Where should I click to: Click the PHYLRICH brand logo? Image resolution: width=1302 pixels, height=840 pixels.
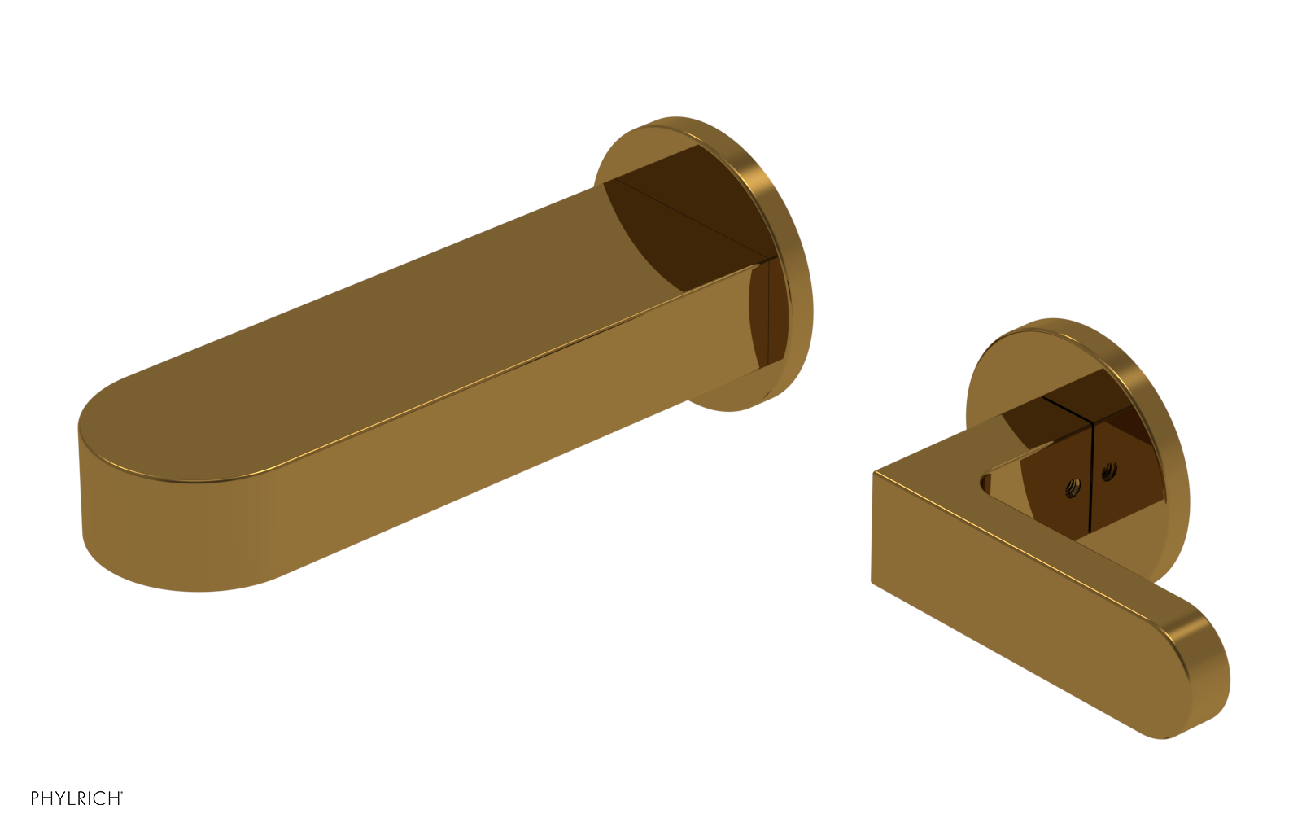[76, 798]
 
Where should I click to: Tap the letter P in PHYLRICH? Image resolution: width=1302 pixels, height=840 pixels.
[36, 798]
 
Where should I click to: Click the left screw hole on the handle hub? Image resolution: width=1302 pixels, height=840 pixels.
[1073, 488]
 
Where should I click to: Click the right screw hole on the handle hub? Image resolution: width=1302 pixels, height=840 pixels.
[1109, 470]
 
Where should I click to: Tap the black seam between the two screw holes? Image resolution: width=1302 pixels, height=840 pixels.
[1090, 477]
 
